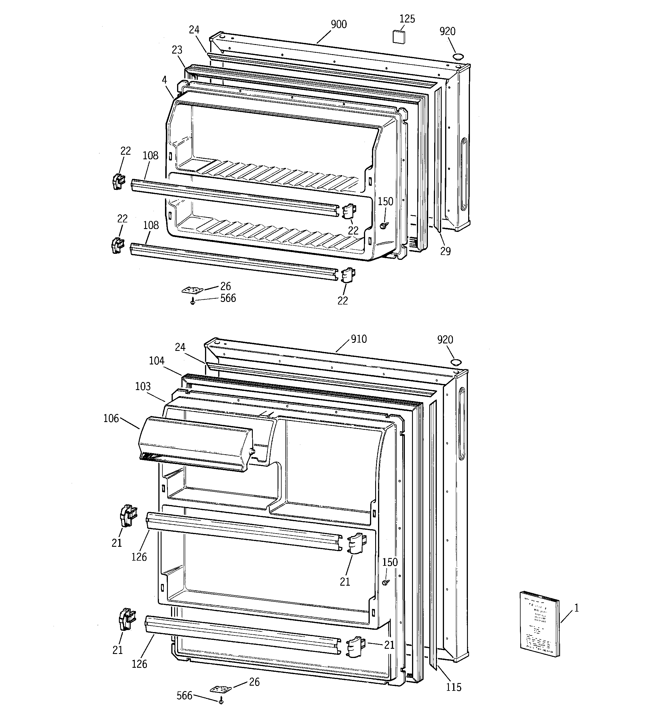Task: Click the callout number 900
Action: tap(339, 24)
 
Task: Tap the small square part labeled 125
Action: tap(398, 37)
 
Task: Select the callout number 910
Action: tap(358, 339)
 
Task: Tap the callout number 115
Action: tap(453, 687)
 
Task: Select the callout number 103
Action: tap(143, 387)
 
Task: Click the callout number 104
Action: tap(157, 361)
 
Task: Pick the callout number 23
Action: tap(177, 50)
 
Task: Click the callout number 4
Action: tap(164, 80)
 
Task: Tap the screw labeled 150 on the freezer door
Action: tap(385, 225)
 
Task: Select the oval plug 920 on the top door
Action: tap(458, 56)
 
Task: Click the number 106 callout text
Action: tap(111, 419)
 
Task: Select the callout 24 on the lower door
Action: tap(180, 347)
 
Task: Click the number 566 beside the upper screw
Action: tap(228, 298)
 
